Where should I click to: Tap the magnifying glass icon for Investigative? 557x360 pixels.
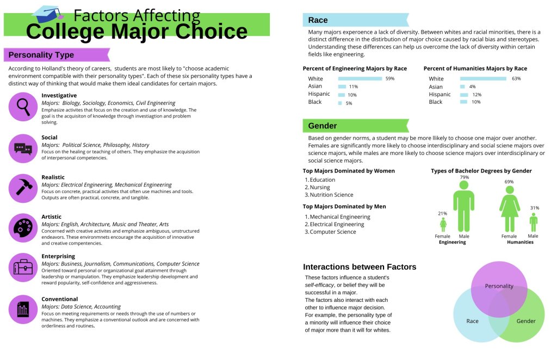pos(23,107)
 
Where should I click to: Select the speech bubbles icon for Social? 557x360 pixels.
pos(23,148)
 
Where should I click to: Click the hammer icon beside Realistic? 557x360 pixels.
pos(23,188)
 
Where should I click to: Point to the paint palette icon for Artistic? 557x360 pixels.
pos(23,227)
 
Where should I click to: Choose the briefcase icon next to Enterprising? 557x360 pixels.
pos(23,267)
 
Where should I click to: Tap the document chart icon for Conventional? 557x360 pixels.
pos(23,309)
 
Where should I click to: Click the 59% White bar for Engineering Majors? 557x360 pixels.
pos(360,79)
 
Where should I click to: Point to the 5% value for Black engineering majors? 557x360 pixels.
pos(349,103)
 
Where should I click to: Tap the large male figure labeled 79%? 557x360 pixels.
pos(463,206)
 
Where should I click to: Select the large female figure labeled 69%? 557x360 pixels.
pos(509,209)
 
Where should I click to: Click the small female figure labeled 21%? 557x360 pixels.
pos(443,224)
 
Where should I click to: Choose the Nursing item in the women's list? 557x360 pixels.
pos(320,188)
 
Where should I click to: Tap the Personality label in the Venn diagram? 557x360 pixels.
pos(499,286)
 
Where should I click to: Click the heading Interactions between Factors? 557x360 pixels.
pos(359,267)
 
